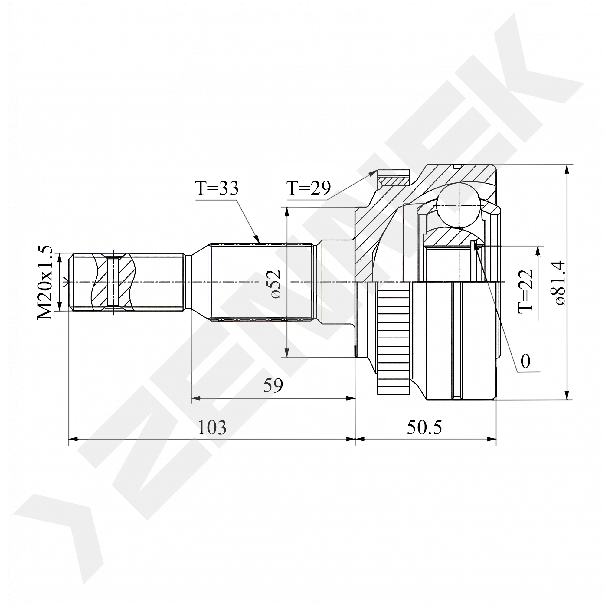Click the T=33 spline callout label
(x=217, y=188)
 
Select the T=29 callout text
(x=309, y=188)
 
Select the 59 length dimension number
(x=273, y=385)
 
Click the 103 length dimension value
(x=212, y=427)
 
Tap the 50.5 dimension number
(x=424, y=427)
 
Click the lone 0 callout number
(x=525, y=361)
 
